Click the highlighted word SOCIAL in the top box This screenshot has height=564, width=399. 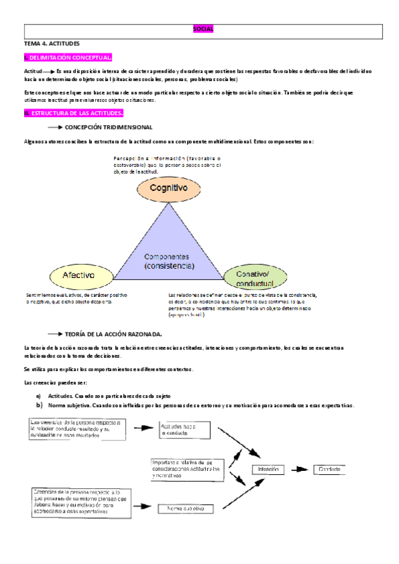pos(202,29)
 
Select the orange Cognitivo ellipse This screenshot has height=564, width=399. pos(167,188)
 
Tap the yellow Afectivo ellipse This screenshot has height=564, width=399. pos(78,275)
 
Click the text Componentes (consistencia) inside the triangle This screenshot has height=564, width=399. pos(169,261)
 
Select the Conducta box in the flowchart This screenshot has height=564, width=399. pos(329,470)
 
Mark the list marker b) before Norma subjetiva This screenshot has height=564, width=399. pos(39,405)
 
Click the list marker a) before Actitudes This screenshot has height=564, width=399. pos(39,396)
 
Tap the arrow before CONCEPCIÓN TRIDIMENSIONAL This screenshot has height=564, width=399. pos(55,126)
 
